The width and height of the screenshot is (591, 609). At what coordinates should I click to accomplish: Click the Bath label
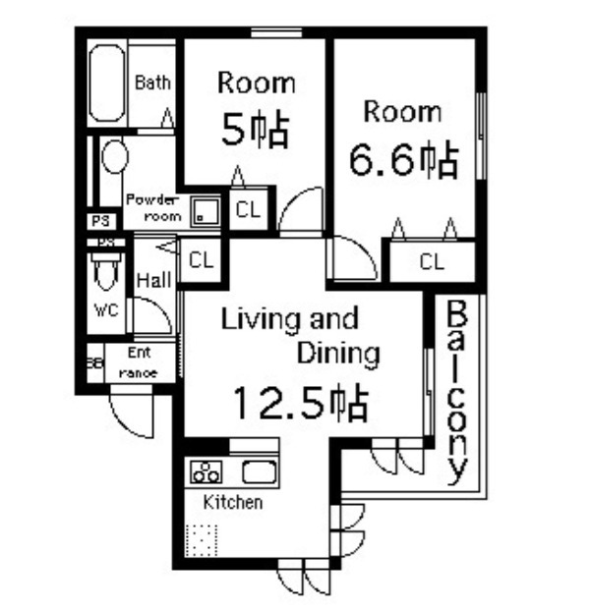pyautogui.click(x=152, y=83)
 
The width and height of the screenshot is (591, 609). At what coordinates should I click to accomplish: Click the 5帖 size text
pyautogui.click(x=254, y=130)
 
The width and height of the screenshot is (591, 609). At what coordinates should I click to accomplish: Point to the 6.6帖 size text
pyautogui.click(x=404, y=158)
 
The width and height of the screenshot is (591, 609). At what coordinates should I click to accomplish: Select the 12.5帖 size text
pyautogui.click(x=300, y=401)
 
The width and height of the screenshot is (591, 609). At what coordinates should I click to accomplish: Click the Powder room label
pyautogui.click(x=153, y=207)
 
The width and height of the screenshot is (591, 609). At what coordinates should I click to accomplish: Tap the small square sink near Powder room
pyautogui.click(x=207, y=210)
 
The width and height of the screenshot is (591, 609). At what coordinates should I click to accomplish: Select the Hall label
pyautogui.click(x=154, y=281)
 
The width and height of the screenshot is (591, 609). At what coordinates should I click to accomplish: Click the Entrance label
pyautogui.click(x=139, y=362)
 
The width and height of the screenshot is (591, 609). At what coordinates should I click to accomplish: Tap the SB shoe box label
pyautogui.click(x=94, y=361)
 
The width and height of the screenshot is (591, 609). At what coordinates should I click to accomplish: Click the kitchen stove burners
pyautogui.click(x=207, y=471)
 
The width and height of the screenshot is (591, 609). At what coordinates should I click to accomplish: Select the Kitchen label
pyautogui.click(x=233, y=502)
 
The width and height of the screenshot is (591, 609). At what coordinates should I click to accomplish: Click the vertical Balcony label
pyautogui.click(x=456, y=393)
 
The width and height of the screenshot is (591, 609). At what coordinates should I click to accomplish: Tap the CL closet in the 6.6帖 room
pyautogui.click(x=432, y=261)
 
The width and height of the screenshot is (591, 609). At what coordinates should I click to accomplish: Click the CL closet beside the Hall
pyautogui.click(x=201, y=260)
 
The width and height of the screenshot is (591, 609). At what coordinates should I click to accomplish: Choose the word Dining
pyautogui.click(x=337, y=352)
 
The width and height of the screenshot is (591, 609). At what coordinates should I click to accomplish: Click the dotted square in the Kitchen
pyautogui.click(x=202, y=540)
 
